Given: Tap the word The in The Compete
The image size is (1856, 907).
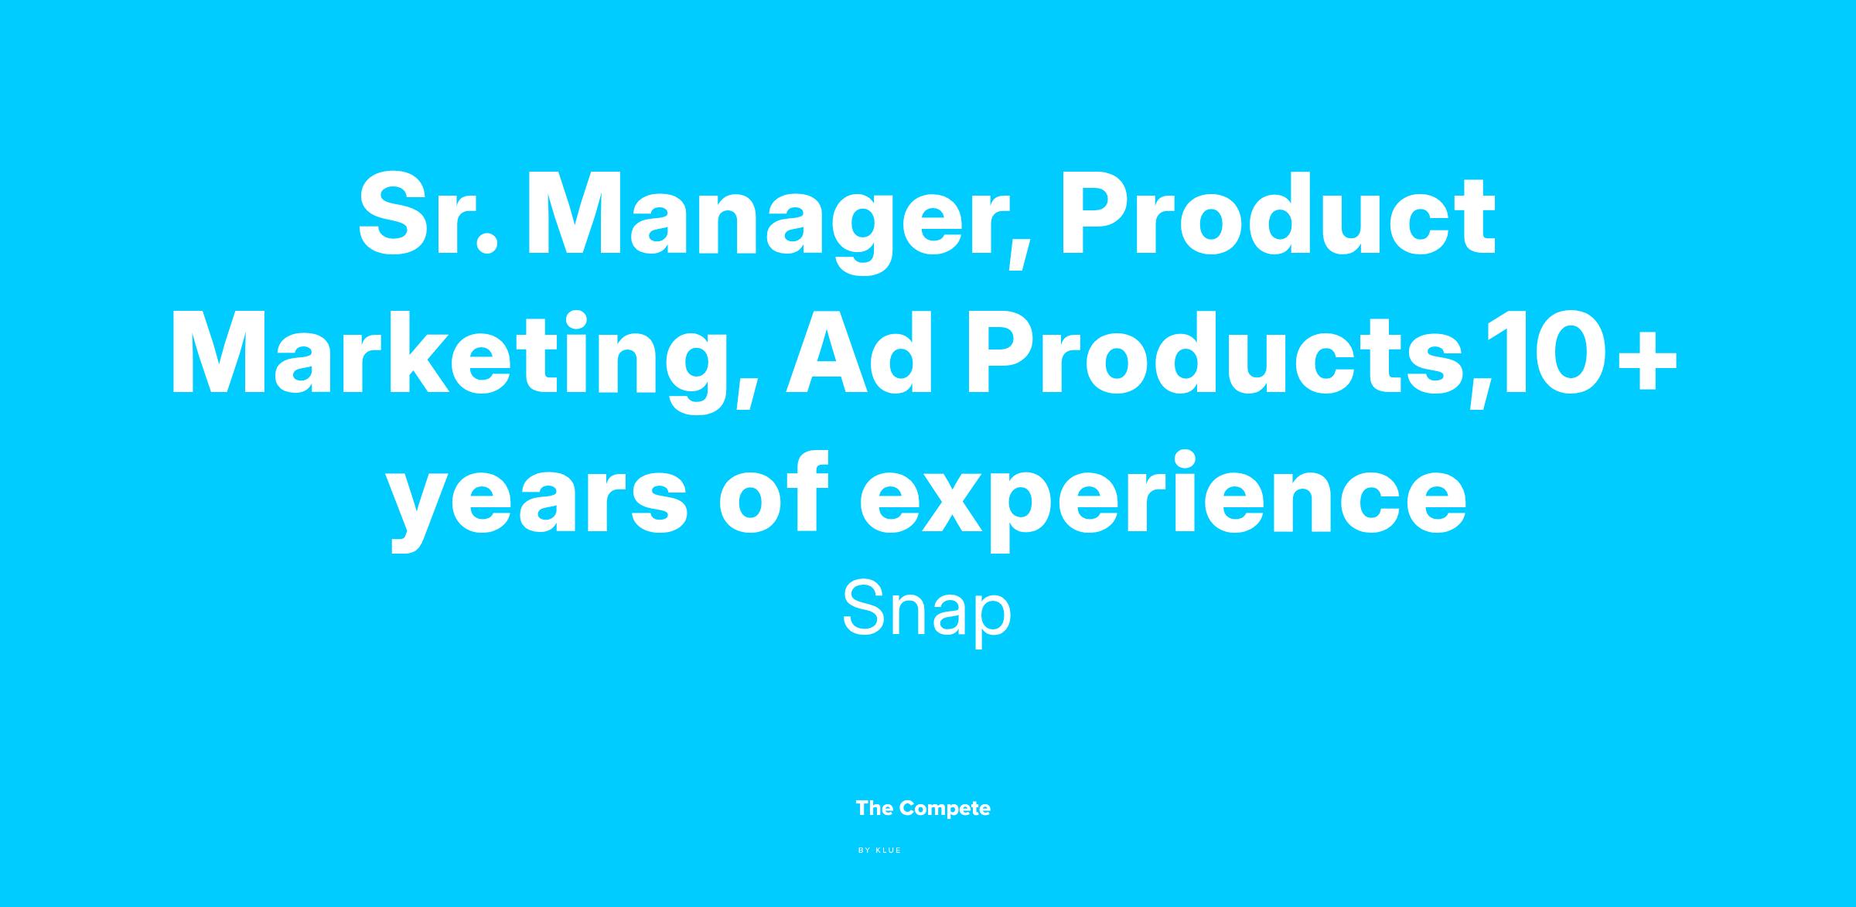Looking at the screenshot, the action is pos(875,809).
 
